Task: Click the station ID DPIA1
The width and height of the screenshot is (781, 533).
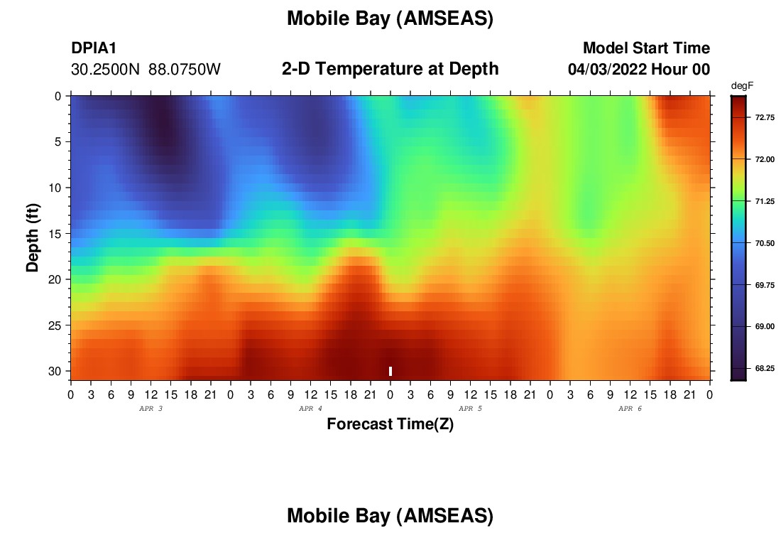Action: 94,48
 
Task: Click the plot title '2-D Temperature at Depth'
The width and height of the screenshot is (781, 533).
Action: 390,69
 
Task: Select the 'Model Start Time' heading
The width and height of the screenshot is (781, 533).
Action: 647,48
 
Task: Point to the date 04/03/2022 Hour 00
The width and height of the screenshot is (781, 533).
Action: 639,69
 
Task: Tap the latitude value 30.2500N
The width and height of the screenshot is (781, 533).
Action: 106,70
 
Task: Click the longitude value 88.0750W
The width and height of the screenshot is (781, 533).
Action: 185,70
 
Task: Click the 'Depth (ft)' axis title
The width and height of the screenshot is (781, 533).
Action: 33,237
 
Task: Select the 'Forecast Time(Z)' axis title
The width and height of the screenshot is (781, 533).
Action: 390,424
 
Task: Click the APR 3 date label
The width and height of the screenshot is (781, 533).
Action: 151,409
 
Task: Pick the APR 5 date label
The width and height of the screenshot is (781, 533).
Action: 470,409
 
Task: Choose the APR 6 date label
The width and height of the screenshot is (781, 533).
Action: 630,409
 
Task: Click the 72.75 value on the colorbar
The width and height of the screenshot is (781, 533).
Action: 765,118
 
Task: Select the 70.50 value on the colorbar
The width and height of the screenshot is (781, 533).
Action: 765,243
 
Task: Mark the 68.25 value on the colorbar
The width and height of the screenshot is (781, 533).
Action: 765,368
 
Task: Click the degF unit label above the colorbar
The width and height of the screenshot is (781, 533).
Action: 742,86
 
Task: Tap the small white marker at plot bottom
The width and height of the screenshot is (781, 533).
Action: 390,371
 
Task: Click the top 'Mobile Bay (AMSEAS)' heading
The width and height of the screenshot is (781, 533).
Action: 390,18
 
